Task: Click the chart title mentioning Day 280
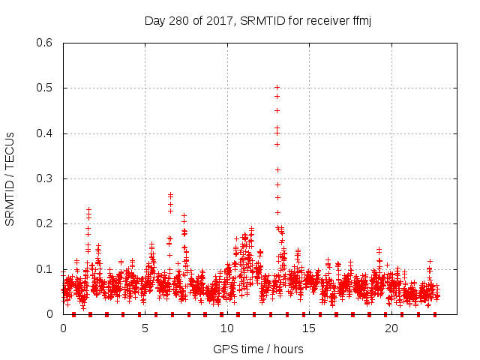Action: click(258, 20)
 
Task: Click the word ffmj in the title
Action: click(360, 20)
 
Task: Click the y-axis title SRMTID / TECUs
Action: click(10, 178)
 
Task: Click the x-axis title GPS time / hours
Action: click(258, 349)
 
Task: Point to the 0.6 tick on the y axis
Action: click(46, 43)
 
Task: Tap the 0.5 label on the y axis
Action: click(46, 88)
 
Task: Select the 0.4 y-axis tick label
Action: click(46, 133)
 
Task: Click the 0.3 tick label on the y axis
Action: click(46, 178)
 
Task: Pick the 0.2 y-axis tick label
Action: click(46, 224)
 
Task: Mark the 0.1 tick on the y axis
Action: click(46, 269)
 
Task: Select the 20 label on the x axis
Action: click(391, 328)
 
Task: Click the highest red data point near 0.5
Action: click(277, 88)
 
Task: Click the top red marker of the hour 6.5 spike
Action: click(170, 195)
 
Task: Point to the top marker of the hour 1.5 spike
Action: click(88, 210)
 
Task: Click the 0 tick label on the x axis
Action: click(63, 328)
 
